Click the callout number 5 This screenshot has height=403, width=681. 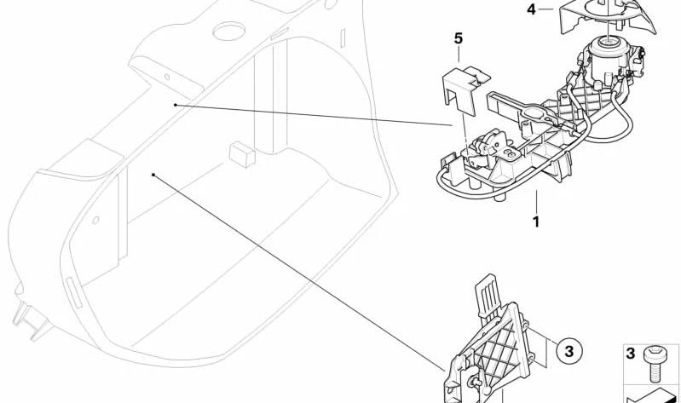(459, 38)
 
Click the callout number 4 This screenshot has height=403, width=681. (532, 9)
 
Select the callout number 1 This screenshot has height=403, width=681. (536, 222)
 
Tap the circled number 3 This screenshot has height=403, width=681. (569, 350)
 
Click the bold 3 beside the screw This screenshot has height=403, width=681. (631, 354)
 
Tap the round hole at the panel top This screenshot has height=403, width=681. (229, 31)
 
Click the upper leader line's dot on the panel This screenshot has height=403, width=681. (175, 105)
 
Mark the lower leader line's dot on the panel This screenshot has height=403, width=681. (153, 175)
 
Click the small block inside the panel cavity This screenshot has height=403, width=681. (242, 154)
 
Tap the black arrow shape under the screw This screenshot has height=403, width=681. (650, 396)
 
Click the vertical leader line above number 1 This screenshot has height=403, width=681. (536, 201)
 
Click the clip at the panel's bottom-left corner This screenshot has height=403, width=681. (30, 320)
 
